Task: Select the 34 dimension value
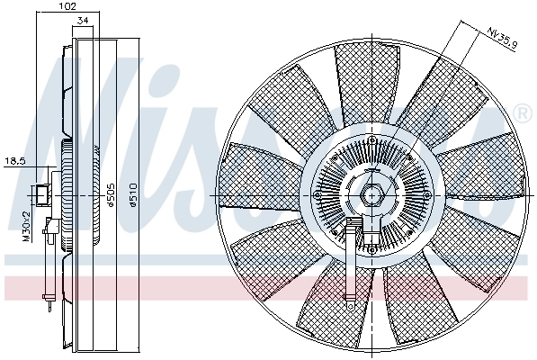[83, 20]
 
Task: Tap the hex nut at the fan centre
[371, 194]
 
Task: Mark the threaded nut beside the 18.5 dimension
[41, 193]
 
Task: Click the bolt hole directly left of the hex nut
[318, 194]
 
